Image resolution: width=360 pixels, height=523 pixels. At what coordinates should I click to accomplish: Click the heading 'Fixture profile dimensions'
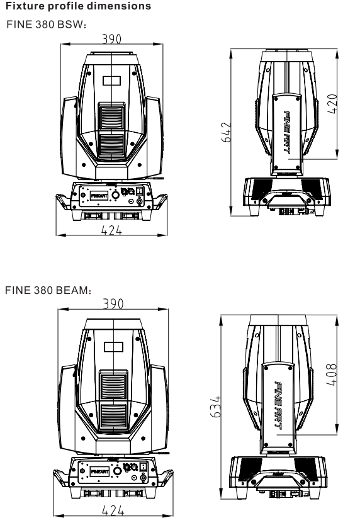(x=79, y=6)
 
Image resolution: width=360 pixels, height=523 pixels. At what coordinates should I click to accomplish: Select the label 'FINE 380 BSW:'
(x=47, y=25)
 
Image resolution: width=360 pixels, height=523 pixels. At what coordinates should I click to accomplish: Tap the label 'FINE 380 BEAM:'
(x=48, y=290)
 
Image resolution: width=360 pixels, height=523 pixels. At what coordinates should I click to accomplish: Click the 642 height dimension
(x=226, y=132)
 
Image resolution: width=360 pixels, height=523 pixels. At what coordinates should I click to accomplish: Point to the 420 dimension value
(x=332, y=104)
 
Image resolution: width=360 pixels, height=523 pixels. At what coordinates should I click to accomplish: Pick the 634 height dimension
(x=215, y=407)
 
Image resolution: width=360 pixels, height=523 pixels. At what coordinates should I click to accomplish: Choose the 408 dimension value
(x=331, y=375)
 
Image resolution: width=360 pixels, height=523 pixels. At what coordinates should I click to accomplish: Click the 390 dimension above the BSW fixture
(x=112, y=39)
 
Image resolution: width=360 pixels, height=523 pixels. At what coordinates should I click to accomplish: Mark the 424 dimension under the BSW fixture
(x=111, y=230)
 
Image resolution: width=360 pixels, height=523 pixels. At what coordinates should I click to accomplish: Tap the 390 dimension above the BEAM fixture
(x=113, y=304)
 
